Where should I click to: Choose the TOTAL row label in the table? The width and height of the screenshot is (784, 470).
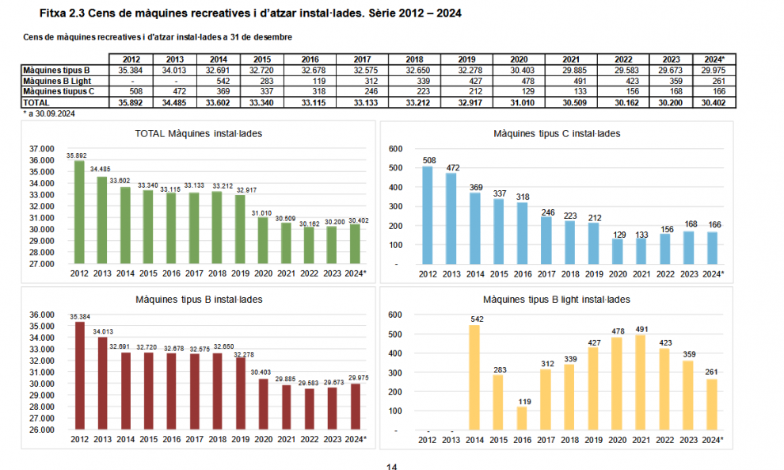(x=36, y=103)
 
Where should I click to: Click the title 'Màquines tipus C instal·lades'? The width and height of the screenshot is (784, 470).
(x=557, y=134)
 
